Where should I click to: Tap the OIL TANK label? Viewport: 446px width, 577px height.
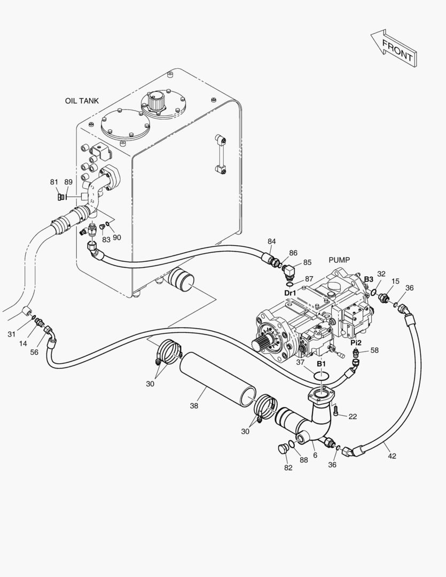click(82, 100)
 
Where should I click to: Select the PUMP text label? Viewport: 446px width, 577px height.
click(339, 260)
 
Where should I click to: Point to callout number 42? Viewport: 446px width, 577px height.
click(392, 456)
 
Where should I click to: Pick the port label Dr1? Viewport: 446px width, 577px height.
click(290, 293)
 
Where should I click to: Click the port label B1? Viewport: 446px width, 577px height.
click(321, 363)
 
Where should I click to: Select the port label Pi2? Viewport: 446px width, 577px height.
click(356, 342)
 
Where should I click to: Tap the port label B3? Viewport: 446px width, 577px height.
click(369, 279)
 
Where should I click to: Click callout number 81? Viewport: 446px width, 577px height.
click(54, 182)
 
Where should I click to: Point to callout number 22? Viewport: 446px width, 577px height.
click(353, 416)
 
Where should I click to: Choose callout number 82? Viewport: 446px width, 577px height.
click(288, 468)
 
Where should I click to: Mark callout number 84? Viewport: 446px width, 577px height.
click(272, 241)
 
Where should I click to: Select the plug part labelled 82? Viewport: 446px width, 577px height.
click(283, 448)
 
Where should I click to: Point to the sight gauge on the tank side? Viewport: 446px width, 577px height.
click(220, 154)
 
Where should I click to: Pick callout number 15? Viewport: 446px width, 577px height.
click(395, 281)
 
